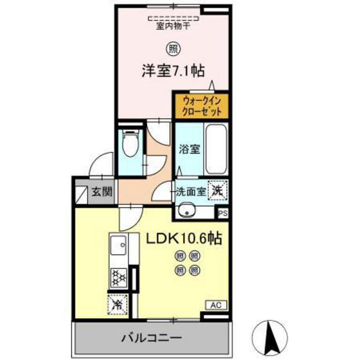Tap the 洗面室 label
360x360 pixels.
(191, 191)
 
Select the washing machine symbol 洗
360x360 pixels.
(219, 190)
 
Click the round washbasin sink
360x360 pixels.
(188, 210)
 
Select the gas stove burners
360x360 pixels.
(119, 277)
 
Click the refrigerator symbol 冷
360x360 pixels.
(118, 302)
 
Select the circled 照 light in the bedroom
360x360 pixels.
(173, 48)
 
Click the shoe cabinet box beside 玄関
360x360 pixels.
(82, 191)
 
